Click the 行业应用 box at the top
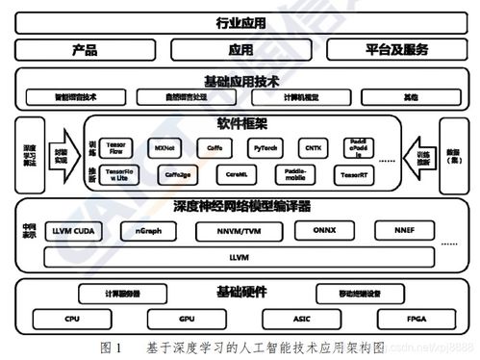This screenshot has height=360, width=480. point(240,21)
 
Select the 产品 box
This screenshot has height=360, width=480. point(85,49)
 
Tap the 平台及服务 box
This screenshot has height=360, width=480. point(395,49)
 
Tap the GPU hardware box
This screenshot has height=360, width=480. point(186,318)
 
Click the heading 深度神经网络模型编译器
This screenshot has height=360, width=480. point(240,207)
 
